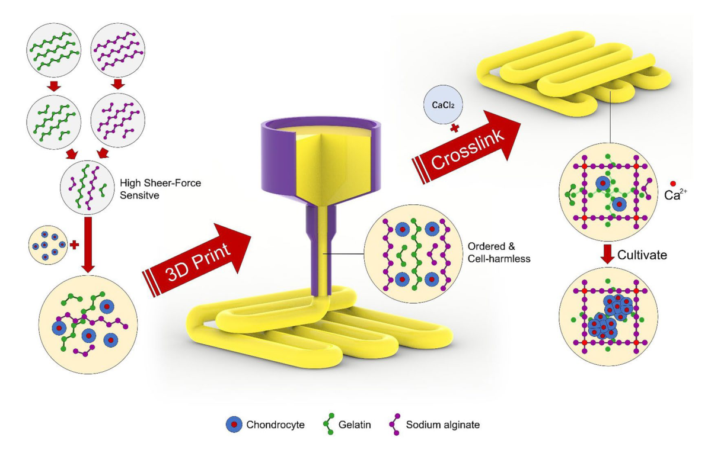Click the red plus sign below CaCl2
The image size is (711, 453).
[x=455, y=127]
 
